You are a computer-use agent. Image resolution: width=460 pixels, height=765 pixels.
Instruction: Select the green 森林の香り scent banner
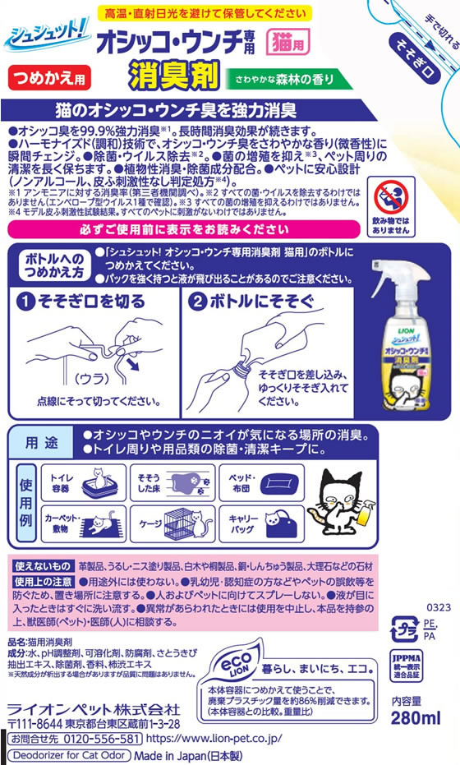point(288,79)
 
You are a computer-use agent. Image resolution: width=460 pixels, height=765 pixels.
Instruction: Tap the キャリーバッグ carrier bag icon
point(274,520)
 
